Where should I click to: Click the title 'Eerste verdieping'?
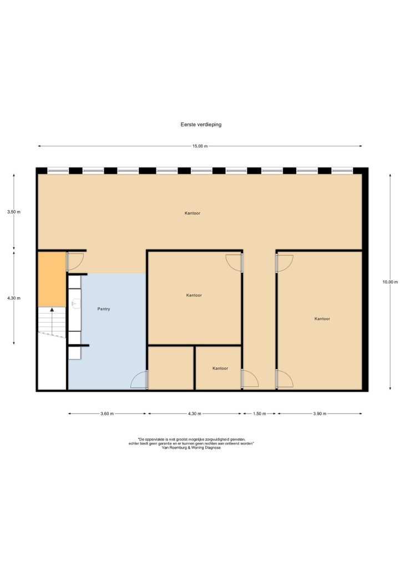201,124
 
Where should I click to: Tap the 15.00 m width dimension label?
200,146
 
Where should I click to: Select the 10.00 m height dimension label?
390,282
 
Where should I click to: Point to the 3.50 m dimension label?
14,212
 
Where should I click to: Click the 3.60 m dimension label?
107,413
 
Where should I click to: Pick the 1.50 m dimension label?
259,413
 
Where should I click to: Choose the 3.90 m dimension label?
320,413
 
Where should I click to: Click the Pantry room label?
104,309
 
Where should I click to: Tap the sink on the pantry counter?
75,304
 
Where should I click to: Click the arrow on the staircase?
52,321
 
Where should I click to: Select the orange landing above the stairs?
52,279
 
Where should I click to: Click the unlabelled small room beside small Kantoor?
170,367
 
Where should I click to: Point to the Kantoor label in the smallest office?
220,369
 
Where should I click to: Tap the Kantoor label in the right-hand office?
322,319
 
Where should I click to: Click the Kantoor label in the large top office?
193,213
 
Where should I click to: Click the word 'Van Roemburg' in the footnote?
174,448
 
